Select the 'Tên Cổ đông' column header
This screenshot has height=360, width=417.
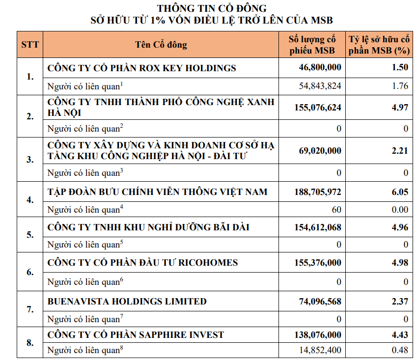coord(161,45)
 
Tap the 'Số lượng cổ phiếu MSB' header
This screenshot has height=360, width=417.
coord(312,45)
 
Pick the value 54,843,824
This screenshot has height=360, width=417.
coord(320,86)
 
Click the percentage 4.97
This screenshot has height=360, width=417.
coord(400,107)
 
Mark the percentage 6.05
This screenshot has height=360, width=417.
coord(400,191)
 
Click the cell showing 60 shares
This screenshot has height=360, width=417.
coord(336,210)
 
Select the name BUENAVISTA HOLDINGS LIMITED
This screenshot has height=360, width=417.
coord(127,301)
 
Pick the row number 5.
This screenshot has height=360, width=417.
coord(30,235)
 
